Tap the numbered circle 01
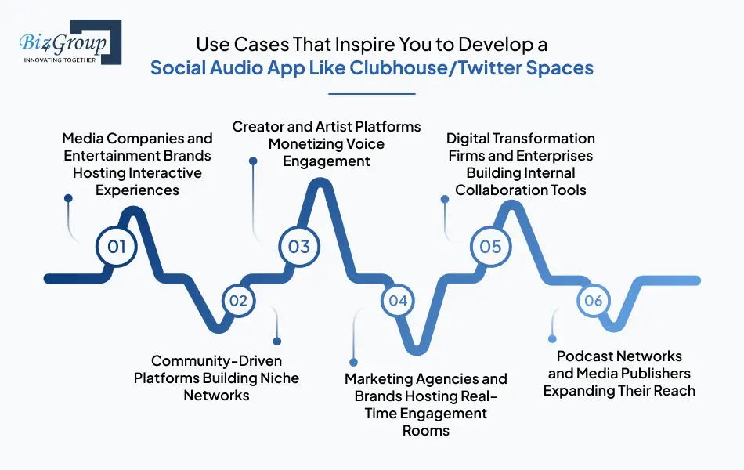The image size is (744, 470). (x=117, y=247)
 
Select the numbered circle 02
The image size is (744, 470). (x=239, y=301)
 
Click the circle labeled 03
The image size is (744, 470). (x=299, y=247)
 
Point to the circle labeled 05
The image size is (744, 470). (x=490, y=247)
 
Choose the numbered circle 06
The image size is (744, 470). (x=594, y=301)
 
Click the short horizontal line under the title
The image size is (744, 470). (x=371, y=93)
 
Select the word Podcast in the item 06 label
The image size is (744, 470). (x=583, y=356)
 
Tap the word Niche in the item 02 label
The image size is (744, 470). (x=278, y=378)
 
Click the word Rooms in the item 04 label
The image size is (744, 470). (x=426, y=431)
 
